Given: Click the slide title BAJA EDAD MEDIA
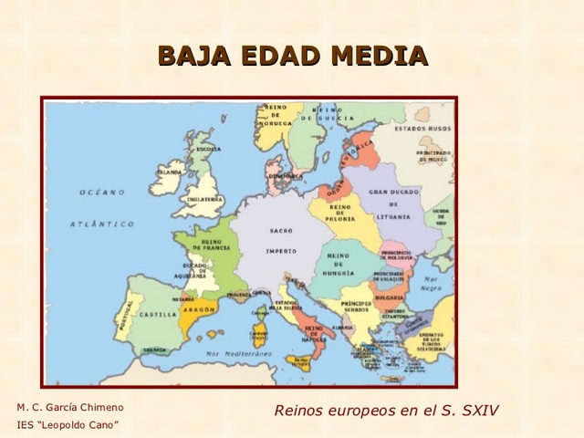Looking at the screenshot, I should (x=292, y=56).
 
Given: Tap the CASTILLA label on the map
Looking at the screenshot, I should (x=158, y=314).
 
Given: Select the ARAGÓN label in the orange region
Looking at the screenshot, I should (x=199, y=310).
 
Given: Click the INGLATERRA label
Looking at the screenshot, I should (x=204, y=199).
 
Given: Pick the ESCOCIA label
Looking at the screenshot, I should (x=208, y=149).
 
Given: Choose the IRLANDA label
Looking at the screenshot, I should (x=170, y=172).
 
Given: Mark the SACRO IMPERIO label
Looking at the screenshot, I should (x=280, y=240).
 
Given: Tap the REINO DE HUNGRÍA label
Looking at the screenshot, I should (x=339, y=266).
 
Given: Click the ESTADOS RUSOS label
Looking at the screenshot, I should (x=422, y=129).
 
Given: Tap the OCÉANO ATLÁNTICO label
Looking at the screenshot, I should (x=102, y=207).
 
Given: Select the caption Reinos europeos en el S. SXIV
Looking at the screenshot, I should (x=386, y=410).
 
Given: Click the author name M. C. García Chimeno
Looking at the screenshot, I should (x=70, y=407).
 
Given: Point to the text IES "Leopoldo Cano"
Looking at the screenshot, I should (x=68, y=424).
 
